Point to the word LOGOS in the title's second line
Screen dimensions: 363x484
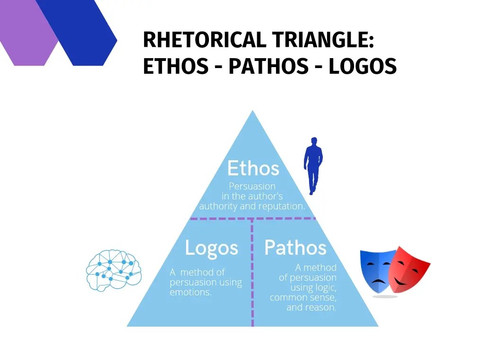tap(363, 67)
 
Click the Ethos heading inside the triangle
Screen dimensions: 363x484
tap(253, 168)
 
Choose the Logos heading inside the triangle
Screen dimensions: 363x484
tap(211, 248)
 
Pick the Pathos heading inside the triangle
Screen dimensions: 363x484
tap(295, 248)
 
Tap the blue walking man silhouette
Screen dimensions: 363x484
tap(312, 165)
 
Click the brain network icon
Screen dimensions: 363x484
tap(113, 270)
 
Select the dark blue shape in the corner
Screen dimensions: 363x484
tap(83, 33)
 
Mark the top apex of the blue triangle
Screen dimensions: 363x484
tap(253, 112)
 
